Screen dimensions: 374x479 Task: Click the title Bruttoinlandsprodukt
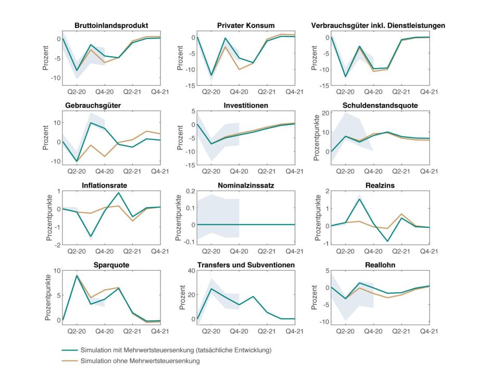tap(111, 25)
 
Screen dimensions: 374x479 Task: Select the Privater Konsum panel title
tap(246, 25)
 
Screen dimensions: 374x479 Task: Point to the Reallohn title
tap(381, 265)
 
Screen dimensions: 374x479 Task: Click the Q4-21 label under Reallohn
tap(430, 330)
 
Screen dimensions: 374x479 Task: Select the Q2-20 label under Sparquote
tap(77, 330)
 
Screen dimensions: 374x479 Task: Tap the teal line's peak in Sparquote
tap(77, 276)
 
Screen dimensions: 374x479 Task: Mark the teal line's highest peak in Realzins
tap(359, 199)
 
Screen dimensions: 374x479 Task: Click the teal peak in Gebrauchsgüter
tap(91, 123)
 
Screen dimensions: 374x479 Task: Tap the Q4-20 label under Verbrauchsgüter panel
tap(373, 91)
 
